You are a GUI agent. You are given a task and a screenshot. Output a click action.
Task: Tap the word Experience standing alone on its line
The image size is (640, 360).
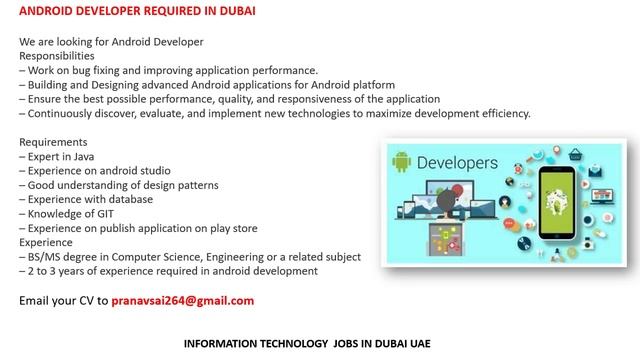coord(46,242)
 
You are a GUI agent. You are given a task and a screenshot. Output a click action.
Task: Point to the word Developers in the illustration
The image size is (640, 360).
coord(456,161)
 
